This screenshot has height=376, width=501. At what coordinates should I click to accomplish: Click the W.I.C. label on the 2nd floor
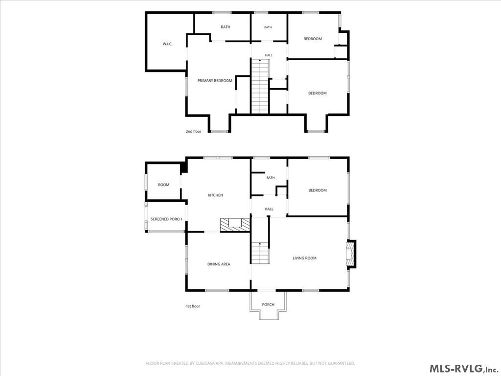[x=167, y=44]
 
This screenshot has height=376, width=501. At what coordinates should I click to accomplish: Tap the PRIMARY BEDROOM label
[x=215, y=81]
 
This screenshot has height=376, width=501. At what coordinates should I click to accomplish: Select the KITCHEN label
[x=215, y=195]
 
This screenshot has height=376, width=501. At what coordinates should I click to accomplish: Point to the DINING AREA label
[x=219, y=264]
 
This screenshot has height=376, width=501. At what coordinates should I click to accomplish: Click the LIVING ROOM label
[x=304, y=258]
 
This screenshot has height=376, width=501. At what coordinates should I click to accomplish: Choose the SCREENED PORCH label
[x=166, y=219]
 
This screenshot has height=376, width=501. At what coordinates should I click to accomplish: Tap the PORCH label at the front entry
[x=268, y=305]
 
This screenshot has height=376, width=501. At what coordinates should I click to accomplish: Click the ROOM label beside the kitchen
[x=163, y=185]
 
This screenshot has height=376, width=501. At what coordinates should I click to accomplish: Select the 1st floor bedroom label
[x=317, y=190]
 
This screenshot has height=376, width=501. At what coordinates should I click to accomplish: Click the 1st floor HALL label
[x=269, y=209]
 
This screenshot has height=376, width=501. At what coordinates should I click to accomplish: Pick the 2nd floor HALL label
[x=269, y=55]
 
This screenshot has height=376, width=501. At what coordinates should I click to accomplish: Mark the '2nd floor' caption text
[x=194, y=131]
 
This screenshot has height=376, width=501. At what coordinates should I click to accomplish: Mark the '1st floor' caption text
[x=193, y=306]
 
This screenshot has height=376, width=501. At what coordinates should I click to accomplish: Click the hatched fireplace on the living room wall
[x=351, y=254]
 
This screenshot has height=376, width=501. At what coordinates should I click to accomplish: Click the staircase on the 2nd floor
[x=260, y=86]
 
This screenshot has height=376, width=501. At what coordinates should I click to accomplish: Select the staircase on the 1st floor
[x=260, y=253]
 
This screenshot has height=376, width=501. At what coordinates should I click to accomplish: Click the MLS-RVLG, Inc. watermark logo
[x=464, y=368]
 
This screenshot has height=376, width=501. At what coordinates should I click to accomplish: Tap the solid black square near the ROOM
[x=184, y=168]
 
